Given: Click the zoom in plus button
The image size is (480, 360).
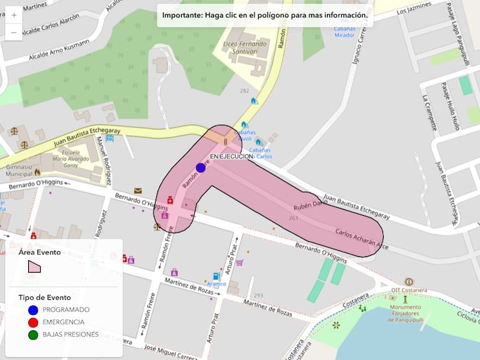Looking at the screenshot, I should [x=14, y=14].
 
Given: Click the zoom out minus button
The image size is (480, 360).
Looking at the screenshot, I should [x=14, y=31].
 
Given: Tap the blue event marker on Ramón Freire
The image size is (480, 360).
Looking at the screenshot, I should [x=201, y=167].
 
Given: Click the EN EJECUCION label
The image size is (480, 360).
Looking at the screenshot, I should [x=231, y=156].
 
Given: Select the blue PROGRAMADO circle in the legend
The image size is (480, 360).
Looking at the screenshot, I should [x=33, y=310].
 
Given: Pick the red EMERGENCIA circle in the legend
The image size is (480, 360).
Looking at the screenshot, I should [x=33, y=322].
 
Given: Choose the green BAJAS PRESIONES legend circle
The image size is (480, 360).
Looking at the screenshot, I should [x=33, y=335].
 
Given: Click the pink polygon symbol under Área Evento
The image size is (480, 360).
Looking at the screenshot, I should [x=34, y=266].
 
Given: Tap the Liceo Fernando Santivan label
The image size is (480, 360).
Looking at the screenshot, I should [x=245, y=48].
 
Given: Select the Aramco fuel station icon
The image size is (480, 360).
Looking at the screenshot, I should [x=216, y=276].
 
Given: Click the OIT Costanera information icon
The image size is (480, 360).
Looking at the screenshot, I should [x=409, y=282].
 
